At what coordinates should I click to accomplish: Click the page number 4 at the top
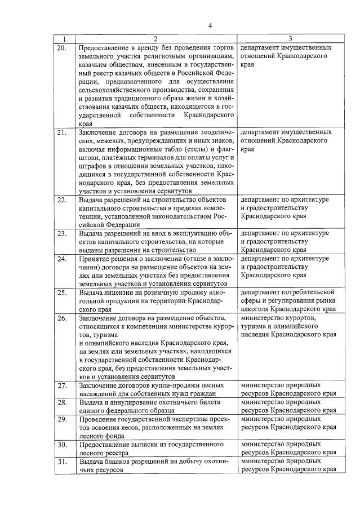click(210, 26)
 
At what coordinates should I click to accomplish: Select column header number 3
click(289, 39)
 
